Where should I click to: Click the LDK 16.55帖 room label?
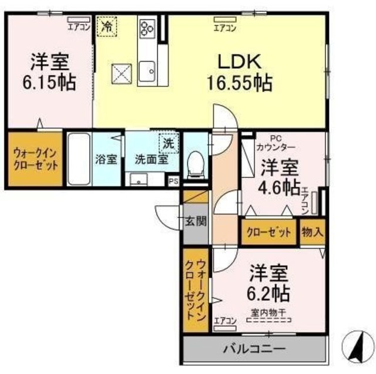point(238,72)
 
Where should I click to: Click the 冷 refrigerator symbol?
point(107,26)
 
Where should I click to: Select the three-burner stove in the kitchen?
point(146,26)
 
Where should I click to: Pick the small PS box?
point(173,181)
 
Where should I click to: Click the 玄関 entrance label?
point(195,221)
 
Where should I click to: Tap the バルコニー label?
point(254,349)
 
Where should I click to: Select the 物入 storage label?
point(312,232)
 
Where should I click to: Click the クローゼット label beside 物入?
point(268,232)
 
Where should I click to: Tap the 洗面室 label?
point(152,159)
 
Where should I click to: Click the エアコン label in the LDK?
point(224,27)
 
